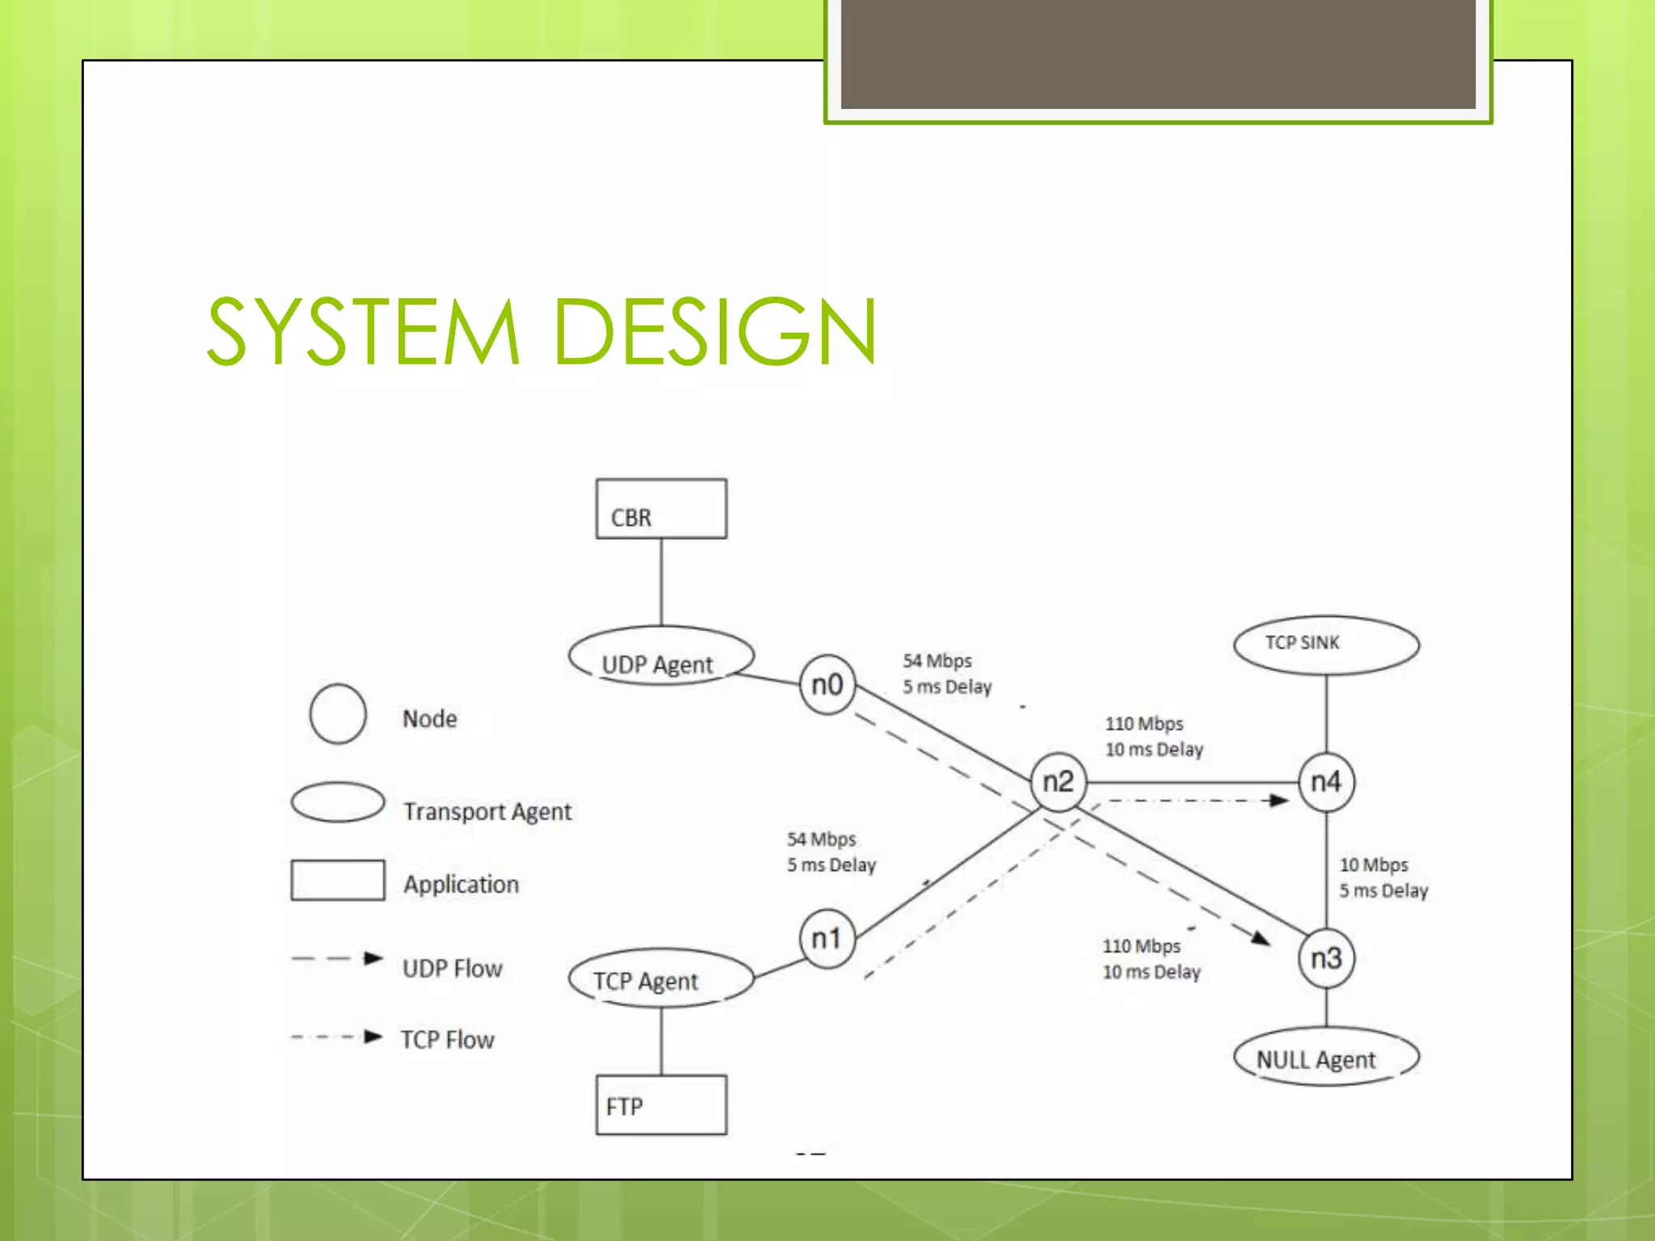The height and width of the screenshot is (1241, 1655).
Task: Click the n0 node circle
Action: click(827, 685)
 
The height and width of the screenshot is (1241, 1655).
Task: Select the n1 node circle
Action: click(827, 939)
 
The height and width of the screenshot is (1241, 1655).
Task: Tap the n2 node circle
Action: click(1058, 782)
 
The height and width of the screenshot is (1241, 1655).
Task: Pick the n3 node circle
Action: click(1326, 958)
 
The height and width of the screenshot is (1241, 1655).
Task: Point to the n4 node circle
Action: click(1326, 782)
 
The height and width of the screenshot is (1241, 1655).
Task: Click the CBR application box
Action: click(661, 509)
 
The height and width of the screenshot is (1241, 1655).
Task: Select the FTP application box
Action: click(661, 1104)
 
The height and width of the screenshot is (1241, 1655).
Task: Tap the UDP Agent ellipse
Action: click(661, 657)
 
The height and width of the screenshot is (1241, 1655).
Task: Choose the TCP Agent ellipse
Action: click(661, 978)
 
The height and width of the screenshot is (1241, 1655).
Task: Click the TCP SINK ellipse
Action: click(1326, 645)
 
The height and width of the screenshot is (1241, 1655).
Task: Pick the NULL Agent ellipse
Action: click(1326, 1057)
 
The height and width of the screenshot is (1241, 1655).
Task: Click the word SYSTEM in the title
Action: click(363, 331)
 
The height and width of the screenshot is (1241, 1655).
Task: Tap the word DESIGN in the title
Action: click(715, 331)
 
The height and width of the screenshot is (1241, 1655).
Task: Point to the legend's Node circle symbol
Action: click(338, 713)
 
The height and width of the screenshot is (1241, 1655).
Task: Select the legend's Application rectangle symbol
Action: click(338, 880)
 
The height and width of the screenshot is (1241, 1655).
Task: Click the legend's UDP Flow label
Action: click(453, 968)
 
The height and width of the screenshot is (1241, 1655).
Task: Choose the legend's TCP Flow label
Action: click(448, 1039)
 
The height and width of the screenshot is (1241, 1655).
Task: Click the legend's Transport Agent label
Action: click(487, 811)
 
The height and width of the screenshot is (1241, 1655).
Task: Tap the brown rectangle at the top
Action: click(1157, 53)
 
